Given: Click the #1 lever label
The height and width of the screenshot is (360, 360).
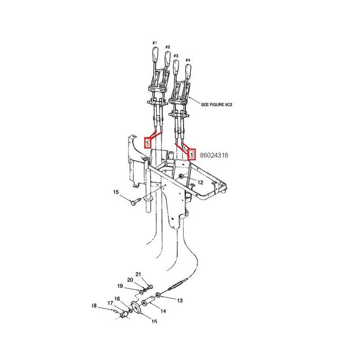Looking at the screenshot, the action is (x=154, y=43).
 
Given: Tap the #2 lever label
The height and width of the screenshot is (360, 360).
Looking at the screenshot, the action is (x=168, y=47).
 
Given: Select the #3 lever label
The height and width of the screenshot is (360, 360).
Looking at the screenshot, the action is (x=176, y=56).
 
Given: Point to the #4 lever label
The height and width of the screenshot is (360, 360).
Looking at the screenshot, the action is (x=188, y=60).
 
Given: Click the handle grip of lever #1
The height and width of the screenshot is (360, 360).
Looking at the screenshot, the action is (x=155, y=54).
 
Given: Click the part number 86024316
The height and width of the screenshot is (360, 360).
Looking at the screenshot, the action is (x=214, y=155).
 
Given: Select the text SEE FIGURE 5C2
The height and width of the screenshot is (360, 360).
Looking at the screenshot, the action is (x=217, y=105).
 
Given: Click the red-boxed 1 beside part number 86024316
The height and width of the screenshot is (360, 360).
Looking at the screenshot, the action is (x=191, y=154).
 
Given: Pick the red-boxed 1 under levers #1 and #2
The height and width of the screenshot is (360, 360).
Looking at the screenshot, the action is (x=147, y=142).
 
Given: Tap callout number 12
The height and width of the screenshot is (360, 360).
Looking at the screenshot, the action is (x=200, y=183).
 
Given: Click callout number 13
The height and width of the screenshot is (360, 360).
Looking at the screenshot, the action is (x=179, y=300).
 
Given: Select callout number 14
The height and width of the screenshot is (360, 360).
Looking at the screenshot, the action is (x=163, y=311).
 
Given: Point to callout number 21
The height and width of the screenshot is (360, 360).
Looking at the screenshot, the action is (x=138, y=274).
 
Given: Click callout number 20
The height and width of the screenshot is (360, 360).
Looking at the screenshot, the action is (x=130, y=280).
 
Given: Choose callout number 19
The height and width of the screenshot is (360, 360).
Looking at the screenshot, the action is (x=120, y=286).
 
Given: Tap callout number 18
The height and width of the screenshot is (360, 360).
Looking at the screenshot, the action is (x=94, y=306).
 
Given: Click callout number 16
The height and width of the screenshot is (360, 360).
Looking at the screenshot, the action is (x=117, y=299).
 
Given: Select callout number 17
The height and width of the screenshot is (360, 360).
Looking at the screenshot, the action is (x=110, y=303).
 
